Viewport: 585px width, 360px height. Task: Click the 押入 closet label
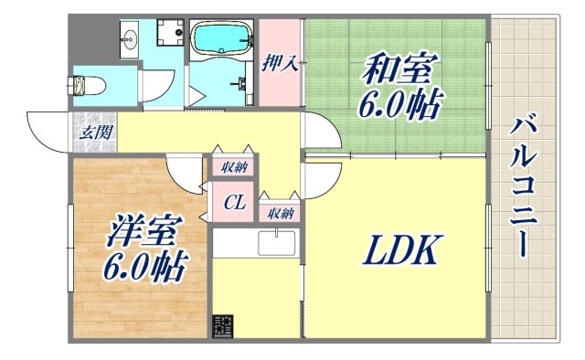(279, 64)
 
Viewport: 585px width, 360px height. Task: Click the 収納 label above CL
(235, 167)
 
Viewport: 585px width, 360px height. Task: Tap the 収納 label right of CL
(280, 213)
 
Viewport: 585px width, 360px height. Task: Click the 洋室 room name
(142, 230)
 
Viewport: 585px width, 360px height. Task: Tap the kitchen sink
(276, 245)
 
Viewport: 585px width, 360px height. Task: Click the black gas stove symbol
(223, 326)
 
